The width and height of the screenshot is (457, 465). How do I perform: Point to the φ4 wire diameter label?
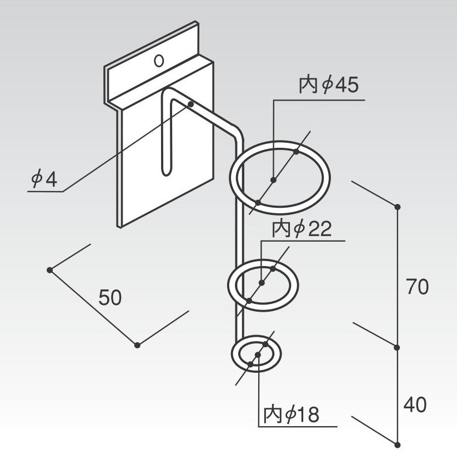44,179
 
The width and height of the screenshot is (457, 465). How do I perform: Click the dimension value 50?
110,298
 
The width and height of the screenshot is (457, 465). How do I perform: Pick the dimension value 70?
417,287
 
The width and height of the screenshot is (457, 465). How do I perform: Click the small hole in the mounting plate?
159,60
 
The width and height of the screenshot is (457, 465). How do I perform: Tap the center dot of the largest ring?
274,179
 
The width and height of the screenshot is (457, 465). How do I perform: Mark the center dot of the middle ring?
262,283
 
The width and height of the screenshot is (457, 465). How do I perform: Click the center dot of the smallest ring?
258,354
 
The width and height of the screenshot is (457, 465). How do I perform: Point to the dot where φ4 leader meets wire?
190,104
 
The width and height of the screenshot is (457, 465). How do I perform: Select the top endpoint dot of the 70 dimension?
398,207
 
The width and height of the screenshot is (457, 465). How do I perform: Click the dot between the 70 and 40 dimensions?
398,348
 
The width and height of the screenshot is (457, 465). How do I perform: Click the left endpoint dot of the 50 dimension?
50,270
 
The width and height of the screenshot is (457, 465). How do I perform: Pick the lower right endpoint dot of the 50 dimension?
137,345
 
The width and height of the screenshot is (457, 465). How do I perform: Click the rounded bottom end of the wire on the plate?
165,171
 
